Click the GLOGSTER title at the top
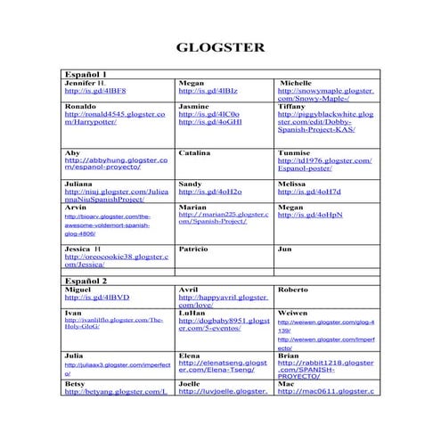point(220,47)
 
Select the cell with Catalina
point(194,153)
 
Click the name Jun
point(284,249)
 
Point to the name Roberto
point(293,290)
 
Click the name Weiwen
point(293,314)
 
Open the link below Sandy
point(209,192)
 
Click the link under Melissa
point(308,192)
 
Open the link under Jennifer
point(94,91)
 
